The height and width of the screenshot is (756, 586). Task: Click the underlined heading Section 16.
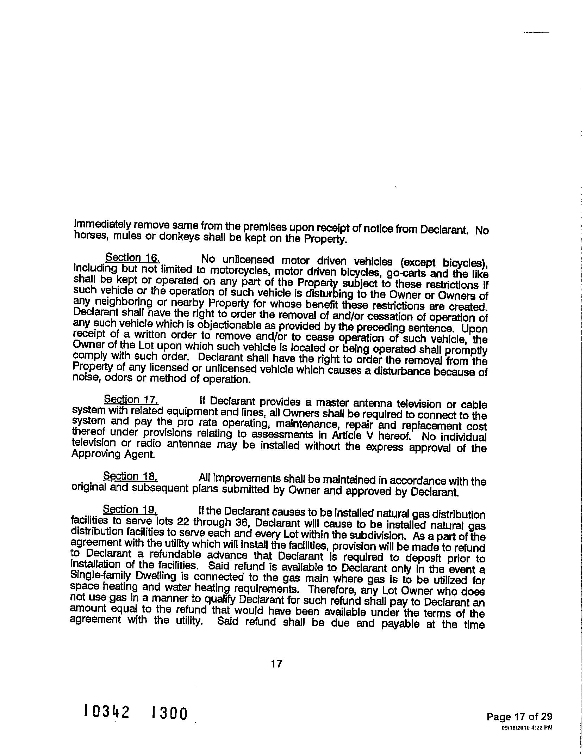coord(133,258)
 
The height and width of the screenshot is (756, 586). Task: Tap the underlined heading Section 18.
coord(130,476)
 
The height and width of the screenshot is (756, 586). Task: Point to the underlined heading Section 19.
coord(130,510)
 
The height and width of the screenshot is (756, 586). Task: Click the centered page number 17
coord(277,664)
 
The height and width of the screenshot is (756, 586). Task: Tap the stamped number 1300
coord(169,714)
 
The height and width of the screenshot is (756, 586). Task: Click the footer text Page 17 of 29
coord(519,716)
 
